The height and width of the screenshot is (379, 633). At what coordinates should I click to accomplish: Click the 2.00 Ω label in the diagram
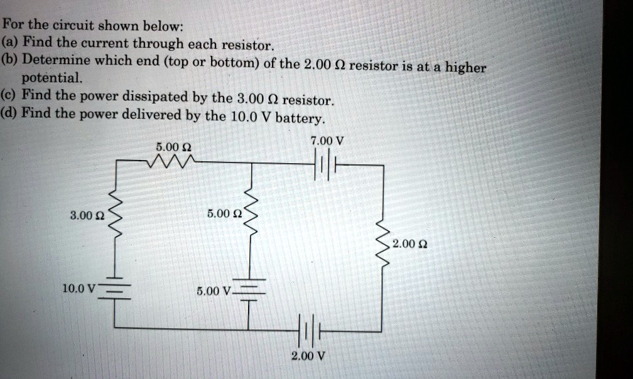pyautogui.click(x=408, y=243)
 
